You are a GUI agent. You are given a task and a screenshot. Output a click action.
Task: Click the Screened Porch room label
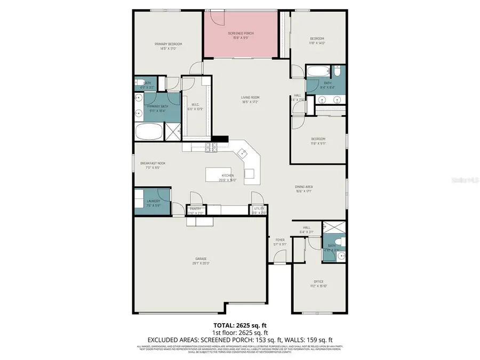(x=242, y=33)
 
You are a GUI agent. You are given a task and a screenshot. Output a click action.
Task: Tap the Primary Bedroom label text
(x=169, y=44)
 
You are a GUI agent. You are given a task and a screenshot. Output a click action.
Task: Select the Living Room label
(x=250, y=97)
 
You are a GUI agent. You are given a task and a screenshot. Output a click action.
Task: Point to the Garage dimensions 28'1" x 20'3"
(x=201, y=263)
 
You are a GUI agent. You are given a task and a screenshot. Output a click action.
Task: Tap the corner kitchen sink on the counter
(x=243, y=154)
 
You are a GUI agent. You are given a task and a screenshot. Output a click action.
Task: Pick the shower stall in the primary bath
(x=173, y=131)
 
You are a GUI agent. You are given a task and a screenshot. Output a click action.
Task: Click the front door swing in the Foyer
(x=278, y=258)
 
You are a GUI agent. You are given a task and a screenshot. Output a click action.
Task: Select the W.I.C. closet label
(x=195, y=105)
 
